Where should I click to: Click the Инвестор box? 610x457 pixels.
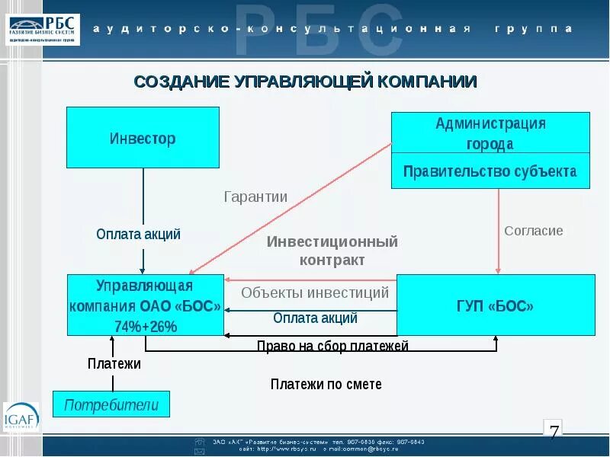(x=143, y=137)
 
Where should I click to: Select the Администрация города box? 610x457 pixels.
(x=490, y=133)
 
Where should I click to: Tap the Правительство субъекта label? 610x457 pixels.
(x=490, y=171)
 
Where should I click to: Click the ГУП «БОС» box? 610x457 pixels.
(x=496, y=306)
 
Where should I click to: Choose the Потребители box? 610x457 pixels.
(x=111, y=404)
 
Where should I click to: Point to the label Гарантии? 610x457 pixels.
(x=255, y=197)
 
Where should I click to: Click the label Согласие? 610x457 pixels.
(x=534, y=231)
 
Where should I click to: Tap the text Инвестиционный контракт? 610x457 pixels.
(x=332, y=251)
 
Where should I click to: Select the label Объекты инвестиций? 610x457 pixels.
(x=315, y=292)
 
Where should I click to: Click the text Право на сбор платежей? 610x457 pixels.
(x=332, y=347)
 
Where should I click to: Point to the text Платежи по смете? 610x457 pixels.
(x=326, y=384)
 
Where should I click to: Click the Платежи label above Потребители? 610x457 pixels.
(x=114, y=364)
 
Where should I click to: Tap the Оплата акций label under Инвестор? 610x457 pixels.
(x=139, y=234)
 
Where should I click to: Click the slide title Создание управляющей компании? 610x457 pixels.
(x=305, y=81)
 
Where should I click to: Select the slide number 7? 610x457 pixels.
(x=554, y=432)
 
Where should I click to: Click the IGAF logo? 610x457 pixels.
(x=21, y=417)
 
